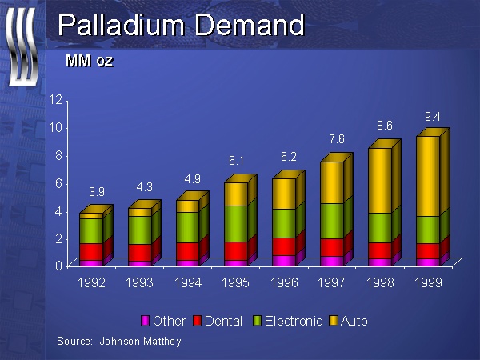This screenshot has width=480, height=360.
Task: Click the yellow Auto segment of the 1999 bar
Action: point(428,176)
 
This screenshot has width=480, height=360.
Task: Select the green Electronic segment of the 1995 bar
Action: point(236,223)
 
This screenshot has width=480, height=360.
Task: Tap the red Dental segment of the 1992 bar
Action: point(90,252)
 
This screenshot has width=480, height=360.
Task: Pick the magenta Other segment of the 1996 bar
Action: point(283,260)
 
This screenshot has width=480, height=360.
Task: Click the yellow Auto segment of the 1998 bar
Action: point(379,181)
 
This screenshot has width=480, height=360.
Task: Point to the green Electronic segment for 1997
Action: point(332,221)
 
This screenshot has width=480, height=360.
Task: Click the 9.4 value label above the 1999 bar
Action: point(433,118)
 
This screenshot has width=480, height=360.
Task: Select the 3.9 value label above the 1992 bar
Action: point(95,192)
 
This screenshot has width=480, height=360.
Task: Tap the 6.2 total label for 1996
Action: point(289,158)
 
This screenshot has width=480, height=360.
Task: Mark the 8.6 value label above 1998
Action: point(385,126)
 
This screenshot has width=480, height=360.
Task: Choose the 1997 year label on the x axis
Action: point(332,282)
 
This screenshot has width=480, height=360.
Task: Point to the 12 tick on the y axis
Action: point(56,100)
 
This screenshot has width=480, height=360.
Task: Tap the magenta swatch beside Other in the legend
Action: point(146,321)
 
